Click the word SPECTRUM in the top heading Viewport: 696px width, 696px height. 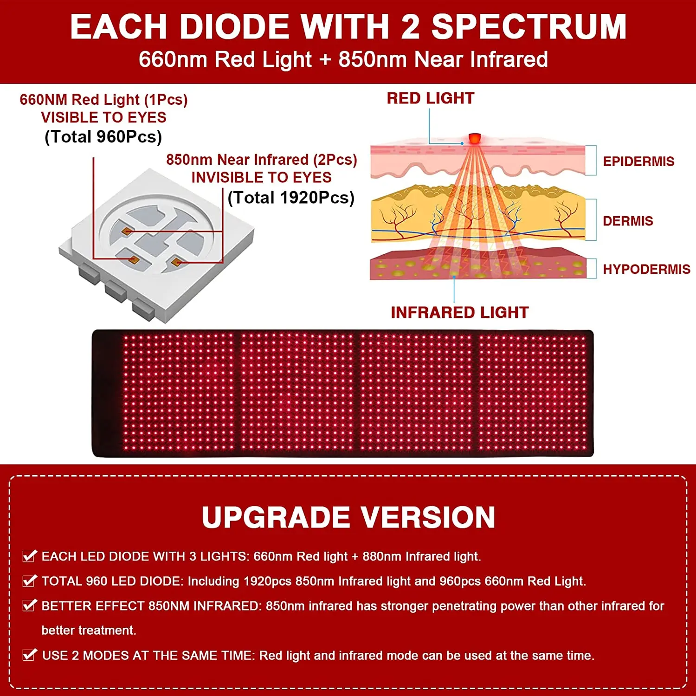[529, 27]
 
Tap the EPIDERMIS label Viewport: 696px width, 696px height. [638, 161]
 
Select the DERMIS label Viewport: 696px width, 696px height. [628, 221]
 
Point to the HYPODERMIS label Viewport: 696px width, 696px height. [646, 269]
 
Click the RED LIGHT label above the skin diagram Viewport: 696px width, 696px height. [431, 98]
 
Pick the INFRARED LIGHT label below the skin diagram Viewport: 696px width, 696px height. [459, 313]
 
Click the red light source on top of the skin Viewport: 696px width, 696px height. [474, 138]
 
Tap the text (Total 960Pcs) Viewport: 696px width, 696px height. [103, 137]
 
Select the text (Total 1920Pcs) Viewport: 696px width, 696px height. [291, 198]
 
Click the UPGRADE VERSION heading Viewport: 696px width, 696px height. [348, 517]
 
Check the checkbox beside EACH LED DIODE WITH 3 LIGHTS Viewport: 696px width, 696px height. [30, 556]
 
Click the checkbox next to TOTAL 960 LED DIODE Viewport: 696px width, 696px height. [30, 580]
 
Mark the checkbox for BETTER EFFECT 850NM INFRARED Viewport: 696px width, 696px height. [30, 605]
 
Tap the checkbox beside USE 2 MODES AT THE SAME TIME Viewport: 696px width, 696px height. [30, 655]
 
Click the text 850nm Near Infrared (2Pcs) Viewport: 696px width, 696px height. [262, 160]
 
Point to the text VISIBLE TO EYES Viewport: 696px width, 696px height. [103, 117]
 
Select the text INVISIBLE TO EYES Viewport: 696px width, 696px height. [261, 177]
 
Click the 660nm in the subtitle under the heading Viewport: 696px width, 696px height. [173, 59]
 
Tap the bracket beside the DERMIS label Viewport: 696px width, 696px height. [591, 220]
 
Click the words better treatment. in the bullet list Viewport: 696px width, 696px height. [89, 630]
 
